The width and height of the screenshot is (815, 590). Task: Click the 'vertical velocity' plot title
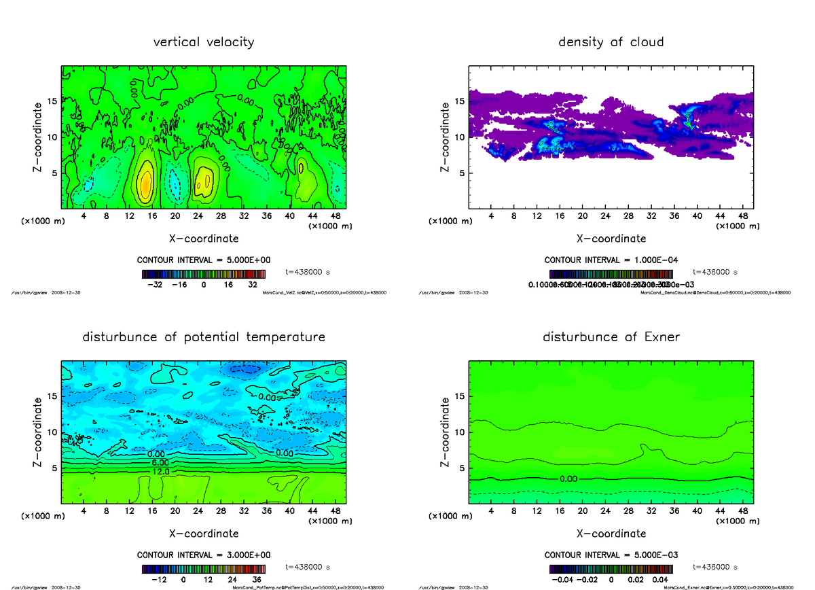[x=204, y=42]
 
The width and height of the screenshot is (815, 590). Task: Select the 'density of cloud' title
[x=611, y=42]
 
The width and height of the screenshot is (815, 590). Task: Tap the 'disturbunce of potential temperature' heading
[x=204, y=337]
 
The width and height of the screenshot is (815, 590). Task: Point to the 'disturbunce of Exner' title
[x=611, y=337]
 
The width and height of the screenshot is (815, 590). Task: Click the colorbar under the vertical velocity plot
[x=204, y=274]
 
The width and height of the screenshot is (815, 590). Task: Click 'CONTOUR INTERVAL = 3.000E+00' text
[x=204, y=555]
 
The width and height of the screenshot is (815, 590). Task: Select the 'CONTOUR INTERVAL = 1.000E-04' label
[x=611, y=260]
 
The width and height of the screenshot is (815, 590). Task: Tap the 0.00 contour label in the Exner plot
[x=568, y=479]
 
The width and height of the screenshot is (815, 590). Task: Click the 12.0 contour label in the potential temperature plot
[x=160, y=470]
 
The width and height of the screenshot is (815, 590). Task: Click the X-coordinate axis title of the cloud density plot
[x=611, y=239]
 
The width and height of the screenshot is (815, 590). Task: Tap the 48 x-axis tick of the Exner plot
[x=743, y=510]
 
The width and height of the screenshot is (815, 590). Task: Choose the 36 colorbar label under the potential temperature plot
[x=257, y=580]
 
